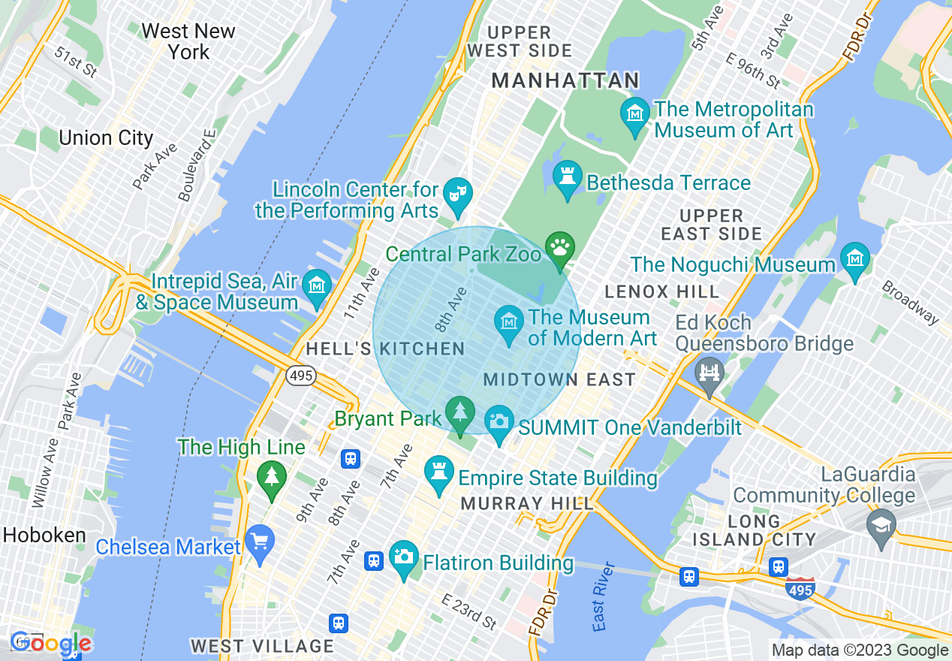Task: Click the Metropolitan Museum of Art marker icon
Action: coord(635,114)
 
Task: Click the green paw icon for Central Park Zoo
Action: coord(560,247)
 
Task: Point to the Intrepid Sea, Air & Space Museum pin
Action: coord(317,287)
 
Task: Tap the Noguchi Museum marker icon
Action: coord(854,259)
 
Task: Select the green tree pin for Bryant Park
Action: coord(459,412)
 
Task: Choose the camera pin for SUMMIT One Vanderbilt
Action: coord(499,421)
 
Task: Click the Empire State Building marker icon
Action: coord(438,472)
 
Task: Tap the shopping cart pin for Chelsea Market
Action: coord(260,541)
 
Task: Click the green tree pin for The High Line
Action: coord(271,477)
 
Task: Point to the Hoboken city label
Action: coord(44,535)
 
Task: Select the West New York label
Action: coord(188,41)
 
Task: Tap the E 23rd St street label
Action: coord(469,611)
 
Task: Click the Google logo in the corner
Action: coord(50,644)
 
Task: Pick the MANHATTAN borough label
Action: coord(565,80)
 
